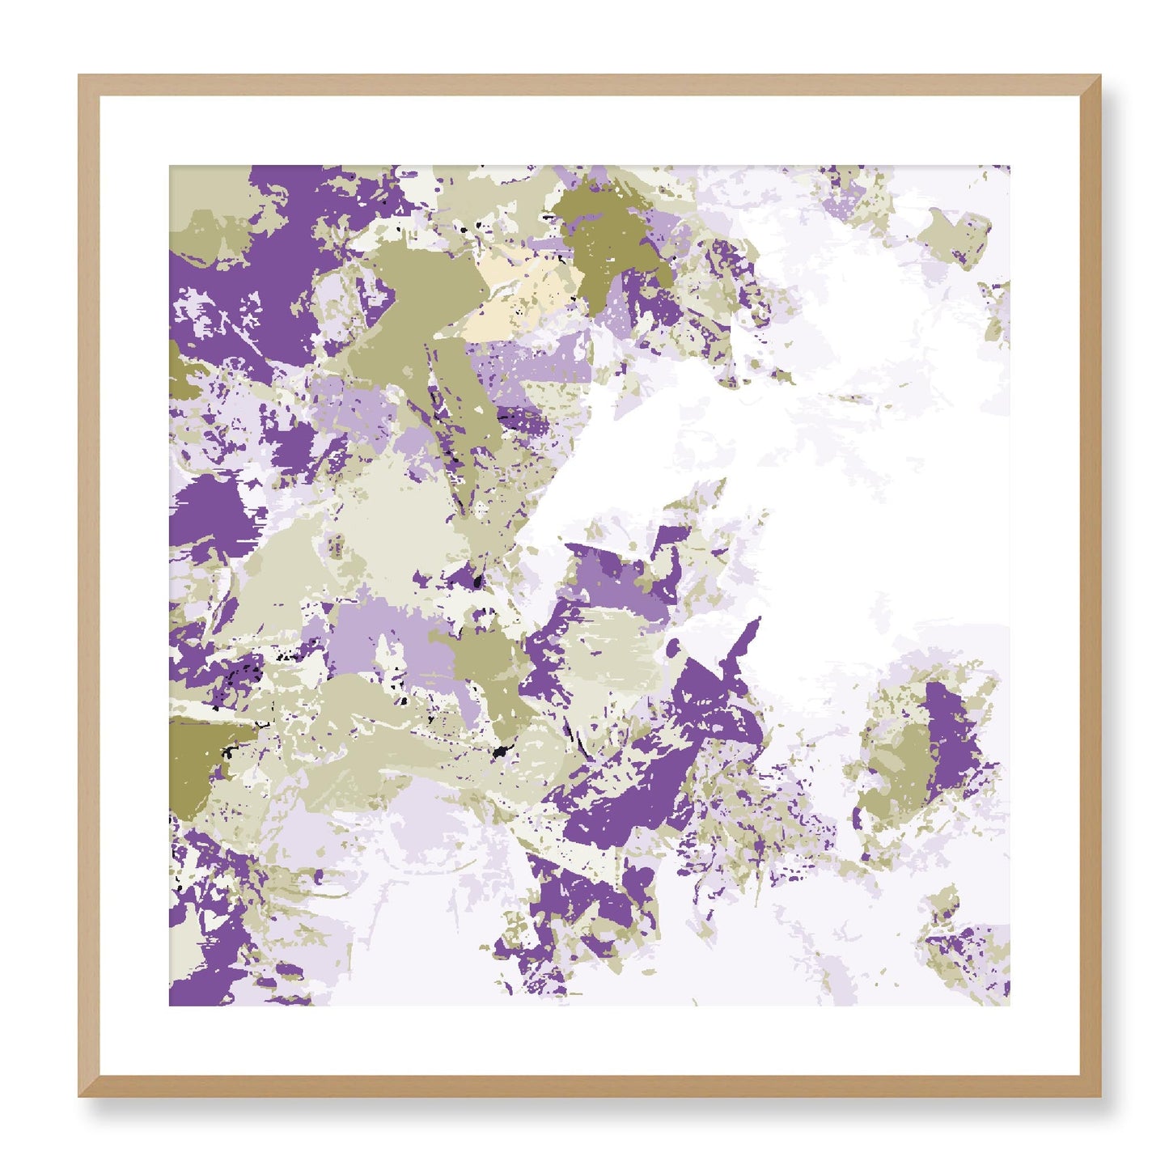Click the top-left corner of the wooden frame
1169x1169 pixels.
[x=79, y=76]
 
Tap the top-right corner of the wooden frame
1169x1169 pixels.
[x=1100, y=76]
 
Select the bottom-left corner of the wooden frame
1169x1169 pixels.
[x=79, y=1096]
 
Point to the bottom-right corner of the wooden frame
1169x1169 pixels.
[x=1100, y=1096]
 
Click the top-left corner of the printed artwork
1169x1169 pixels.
[x=170, y=167]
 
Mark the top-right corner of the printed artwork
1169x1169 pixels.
[x=1009, y=167]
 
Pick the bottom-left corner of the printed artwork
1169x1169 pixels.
[x=170, y=1006]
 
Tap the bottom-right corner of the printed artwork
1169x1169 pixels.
[x=1009, y=1006]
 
